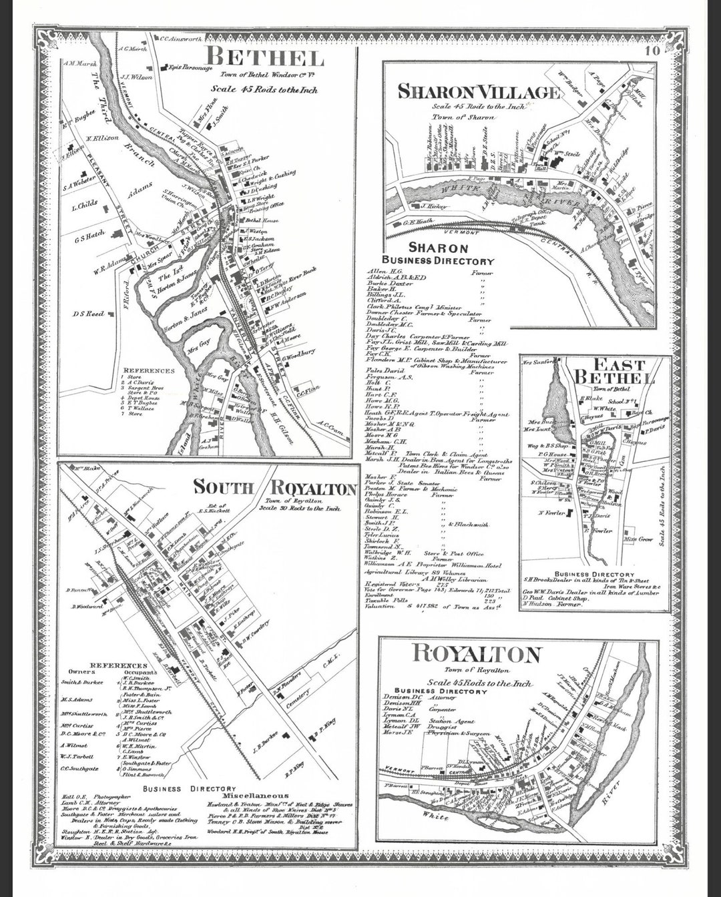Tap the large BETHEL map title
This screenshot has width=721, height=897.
coord(264,58)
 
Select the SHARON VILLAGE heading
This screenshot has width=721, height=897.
coord(479,92)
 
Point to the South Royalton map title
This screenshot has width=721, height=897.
coord(274,488)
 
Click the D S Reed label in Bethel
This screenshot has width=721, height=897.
coord(89,313)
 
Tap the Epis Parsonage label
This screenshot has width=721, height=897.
coord(190,67)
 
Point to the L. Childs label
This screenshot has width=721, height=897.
coord(84,206)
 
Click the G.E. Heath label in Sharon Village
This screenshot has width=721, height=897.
coord(418,222)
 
